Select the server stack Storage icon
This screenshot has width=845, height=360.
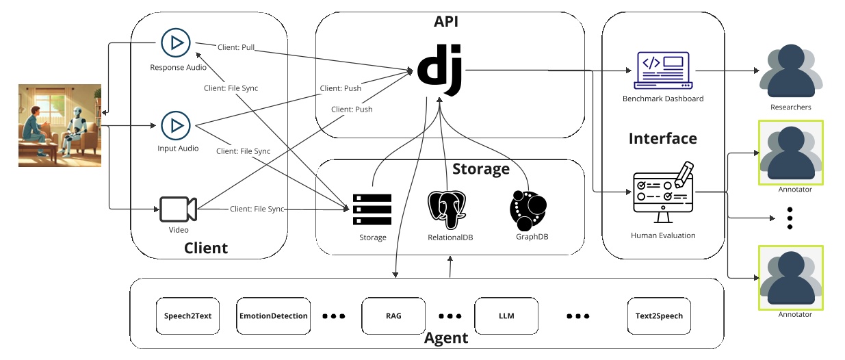point(372,209)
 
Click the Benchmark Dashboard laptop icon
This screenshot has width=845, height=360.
point(662,70)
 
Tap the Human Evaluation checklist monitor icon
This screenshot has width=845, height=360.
point(662,193)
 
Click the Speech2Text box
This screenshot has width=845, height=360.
point(188,316)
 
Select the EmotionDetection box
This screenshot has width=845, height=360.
point(274,316)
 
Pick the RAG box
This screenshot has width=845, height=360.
point(393,316)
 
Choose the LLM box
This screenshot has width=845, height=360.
point(506,316)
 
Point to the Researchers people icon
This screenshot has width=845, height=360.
point(790,71)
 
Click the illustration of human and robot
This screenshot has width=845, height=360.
point(60,125)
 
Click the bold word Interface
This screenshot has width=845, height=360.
point(662,138)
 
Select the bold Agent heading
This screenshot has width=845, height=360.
point(446,337)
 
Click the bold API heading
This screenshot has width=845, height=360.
point(446,22)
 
